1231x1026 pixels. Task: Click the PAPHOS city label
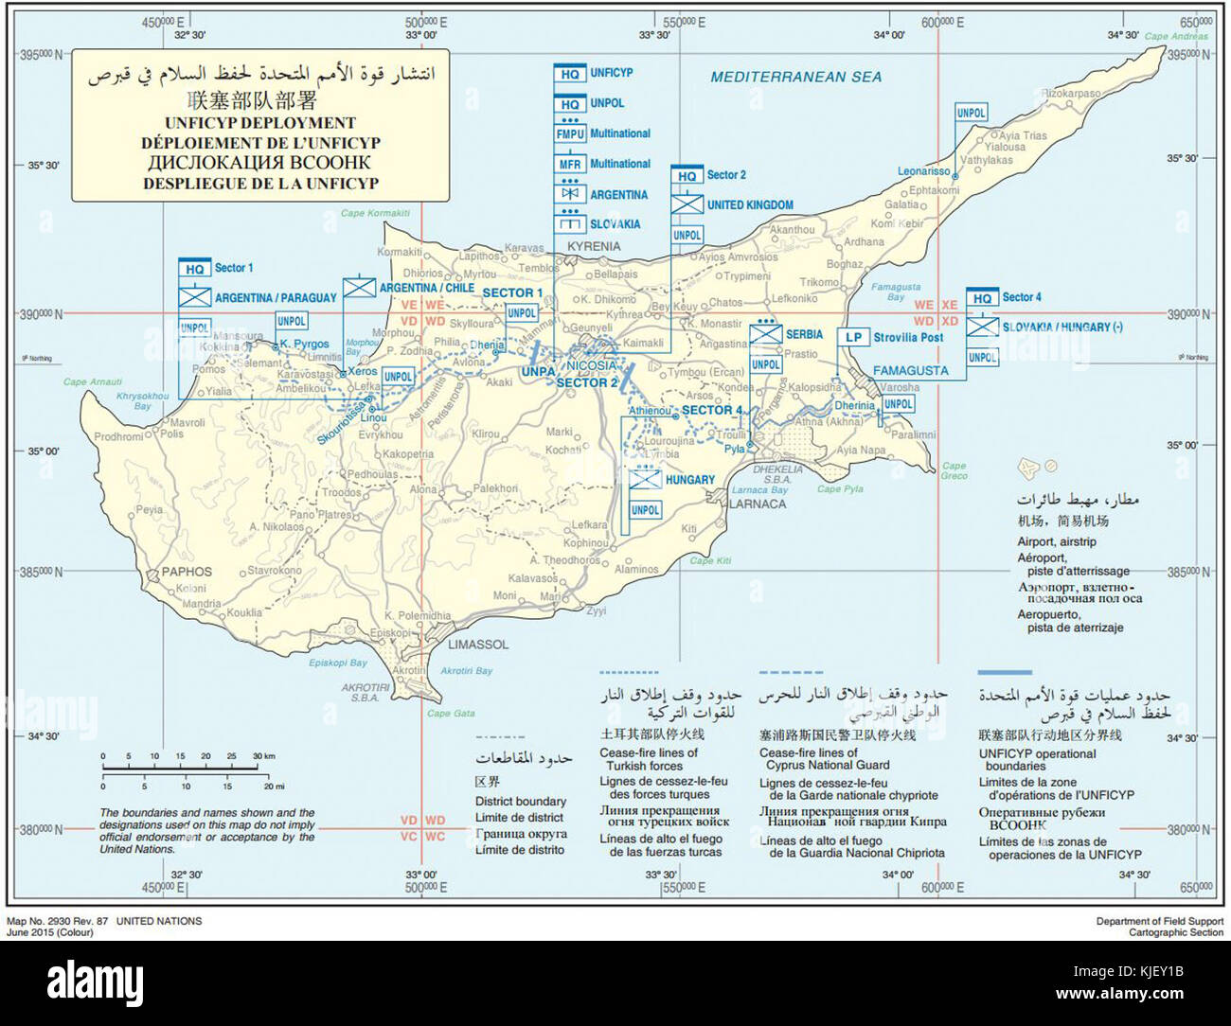[x=187, y=572]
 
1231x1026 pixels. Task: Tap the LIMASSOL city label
[x=477, y=645]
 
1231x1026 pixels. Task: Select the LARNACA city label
[x=757, y=504]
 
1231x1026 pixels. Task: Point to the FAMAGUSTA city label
[x=910, y=371]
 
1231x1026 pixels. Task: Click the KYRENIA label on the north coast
[x=594, y=246]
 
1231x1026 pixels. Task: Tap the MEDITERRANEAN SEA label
[x=795, y=77]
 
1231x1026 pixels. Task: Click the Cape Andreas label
[x=1176, y=37]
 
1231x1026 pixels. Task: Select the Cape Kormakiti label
[x=375, y=213]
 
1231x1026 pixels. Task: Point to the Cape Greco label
[x=954, y=470]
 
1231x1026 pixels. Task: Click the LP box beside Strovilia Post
[x=853, y=337]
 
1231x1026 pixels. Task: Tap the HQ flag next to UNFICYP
[x=570, y=74]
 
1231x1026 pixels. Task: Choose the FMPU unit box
[x=570, y=134]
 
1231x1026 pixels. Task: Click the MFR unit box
[x=570, y=165]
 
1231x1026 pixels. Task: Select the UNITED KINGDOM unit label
[x=750, y=204]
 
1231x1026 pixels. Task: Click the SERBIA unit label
[x=804, y=334]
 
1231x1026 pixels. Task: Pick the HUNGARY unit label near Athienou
[x=689, y=480]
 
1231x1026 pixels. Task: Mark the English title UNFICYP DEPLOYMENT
[x=259, y=123]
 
